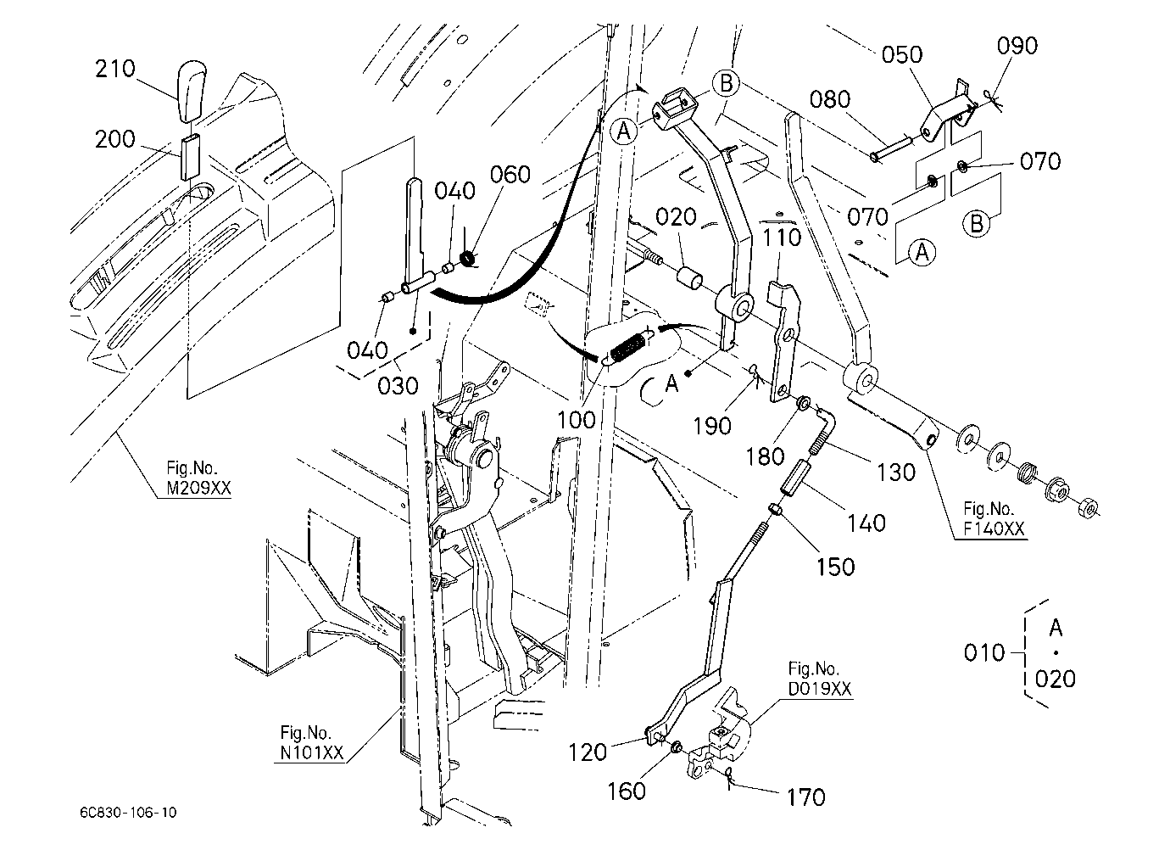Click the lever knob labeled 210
pos(192,92)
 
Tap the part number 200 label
pos(115,140)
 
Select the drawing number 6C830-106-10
pos(129,813)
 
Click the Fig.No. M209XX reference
pos(198,478)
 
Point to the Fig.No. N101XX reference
pos(312,742)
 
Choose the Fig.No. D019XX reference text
pos(820,679)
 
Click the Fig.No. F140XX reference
pos(994,518)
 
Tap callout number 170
pos(806,797)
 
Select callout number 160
pos(627,791)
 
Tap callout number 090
pos(1017,46)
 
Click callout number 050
pos(902,55)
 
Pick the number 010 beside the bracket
pos(984,653)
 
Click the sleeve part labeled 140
pos(795,476)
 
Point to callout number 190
pos(712,427)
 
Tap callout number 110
pos(782,238)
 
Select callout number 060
pos(510,175)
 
